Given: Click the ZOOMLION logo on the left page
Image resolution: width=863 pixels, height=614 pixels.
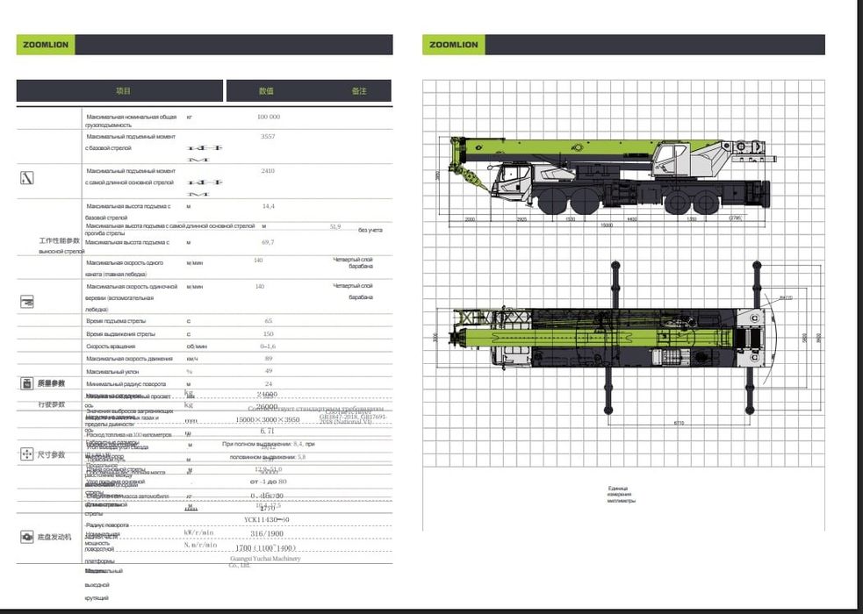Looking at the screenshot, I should point(45,45).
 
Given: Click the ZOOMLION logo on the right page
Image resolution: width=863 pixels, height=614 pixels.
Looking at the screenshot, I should point(452,45).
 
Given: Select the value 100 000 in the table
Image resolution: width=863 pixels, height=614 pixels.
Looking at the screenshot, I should point(268,117).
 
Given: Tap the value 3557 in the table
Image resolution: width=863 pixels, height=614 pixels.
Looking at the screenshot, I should point(268,138).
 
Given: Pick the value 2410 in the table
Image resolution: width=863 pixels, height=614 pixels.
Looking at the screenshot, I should point(268,171).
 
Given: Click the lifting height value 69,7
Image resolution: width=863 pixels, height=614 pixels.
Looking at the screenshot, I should point(268,242).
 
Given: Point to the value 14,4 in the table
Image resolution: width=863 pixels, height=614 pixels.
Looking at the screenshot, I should point(268,205).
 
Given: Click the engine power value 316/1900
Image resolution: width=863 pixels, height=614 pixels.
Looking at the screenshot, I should point(268,532).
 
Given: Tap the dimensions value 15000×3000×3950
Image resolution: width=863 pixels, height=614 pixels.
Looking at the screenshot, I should point(268,420).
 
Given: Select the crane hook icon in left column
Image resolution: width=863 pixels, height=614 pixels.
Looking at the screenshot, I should point(26,178).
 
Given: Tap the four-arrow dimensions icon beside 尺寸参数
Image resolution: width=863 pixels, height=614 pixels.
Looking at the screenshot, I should point(26,454).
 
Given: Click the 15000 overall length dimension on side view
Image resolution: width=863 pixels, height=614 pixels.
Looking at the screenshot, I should point(606,225).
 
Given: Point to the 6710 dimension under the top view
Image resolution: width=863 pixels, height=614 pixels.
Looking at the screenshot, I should point(679,423).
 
